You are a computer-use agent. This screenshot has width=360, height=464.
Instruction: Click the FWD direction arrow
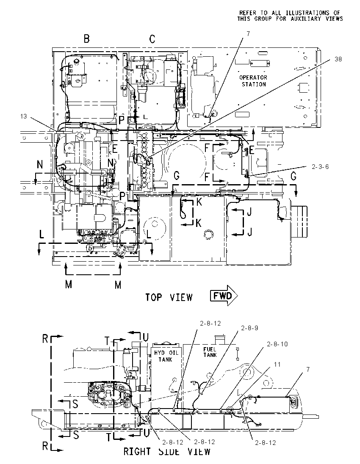(224, 296)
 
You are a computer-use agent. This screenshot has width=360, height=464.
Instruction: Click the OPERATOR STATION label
(253, 81)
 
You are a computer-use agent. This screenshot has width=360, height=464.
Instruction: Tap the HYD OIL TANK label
(166, 356)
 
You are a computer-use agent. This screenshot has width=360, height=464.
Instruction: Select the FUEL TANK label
(210, 352)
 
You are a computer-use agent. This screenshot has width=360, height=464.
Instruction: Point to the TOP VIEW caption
(169, 297)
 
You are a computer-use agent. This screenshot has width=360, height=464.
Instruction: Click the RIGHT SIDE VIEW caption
(167, 452)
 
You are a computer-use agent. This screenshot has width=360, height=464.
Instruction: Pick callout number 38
(338, 59)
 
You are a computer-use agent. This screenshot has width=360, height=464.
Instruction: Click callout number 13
(23, 116)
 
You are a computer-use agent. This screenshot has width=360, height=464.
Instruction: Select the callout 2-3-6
(320, 167)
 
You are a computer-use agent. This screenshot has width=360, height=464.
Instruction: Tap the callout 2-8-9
(249, 328)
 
